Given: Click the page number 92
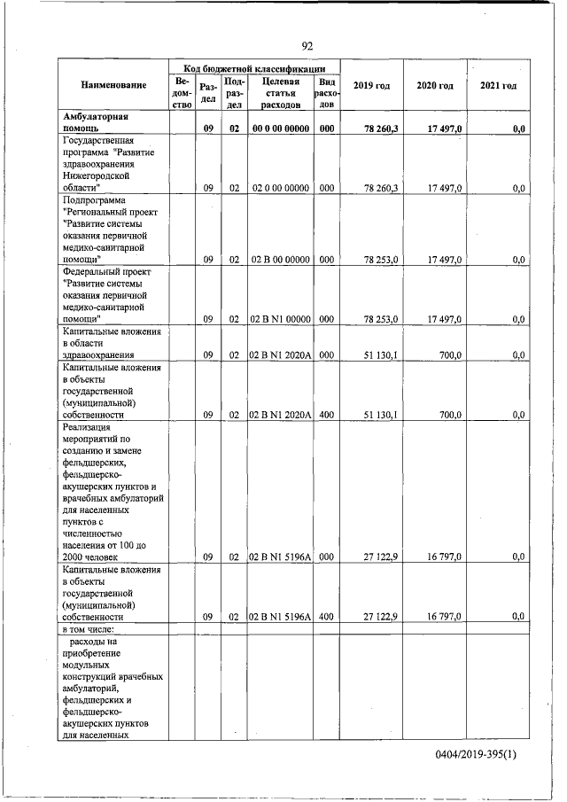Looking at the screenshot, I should (307, 46).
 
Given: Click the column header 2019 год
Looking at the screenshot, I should (371, 85).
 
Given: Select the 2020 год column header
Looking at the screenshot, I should (435, 85).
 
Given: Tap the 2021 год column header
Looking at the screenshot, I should (498, 85).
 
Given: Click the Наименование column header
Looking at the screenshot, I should (113, 85).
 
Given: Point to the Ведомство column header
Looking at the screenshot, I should (183, 92).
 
